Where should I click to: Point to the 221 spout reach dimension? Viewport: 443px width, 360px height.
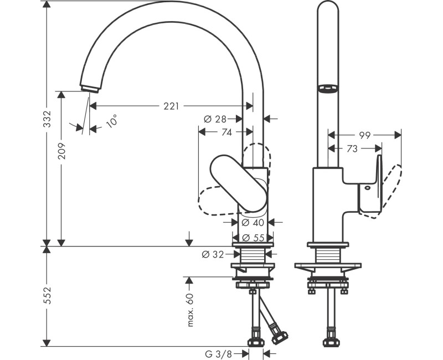click(171, 105)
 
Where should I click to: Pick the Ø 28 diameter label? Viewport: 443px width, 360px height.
click(215, 119)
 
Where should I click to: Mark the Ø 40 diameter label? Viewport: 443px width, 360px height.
click(253, 223)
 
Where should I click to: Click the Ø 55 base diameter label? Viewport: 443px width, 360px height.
click(253, 238)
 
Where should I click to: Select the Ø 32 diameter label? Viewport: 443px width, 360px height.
click(213, 254)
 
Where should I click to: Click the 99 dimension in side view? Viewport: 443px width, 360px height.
click(364, 135)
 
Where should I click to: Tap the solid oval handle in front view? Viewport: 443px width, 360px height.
click(238, 183)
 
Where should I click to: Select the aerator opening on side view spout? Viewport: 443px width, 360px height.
click(327, 88)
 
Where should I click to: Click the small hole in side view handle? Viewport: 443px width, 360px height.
click(366, 189)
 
